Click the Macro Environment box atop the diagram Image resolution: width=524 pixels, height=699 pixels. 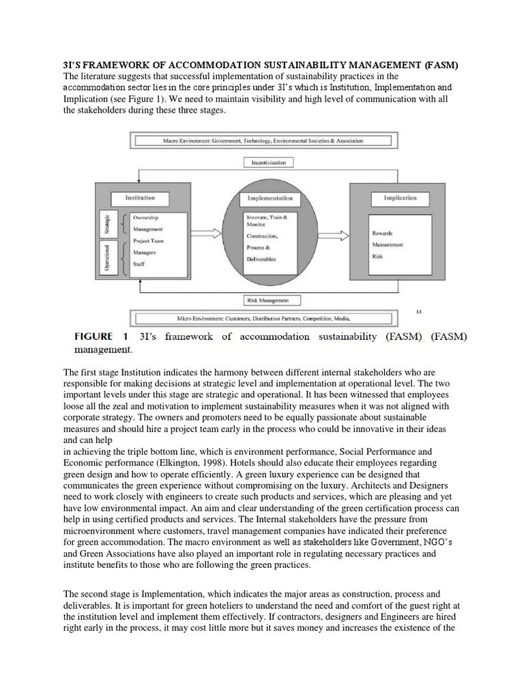263,141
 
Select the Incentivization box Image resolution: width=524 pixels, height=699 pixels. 268,163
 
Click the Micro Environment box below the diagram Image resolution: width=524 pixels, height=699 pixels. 263,317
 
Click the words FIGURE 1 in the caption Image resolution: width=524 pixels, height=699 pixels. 99,337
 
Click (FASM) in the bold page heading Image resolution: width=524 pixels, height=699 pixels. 441,65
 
